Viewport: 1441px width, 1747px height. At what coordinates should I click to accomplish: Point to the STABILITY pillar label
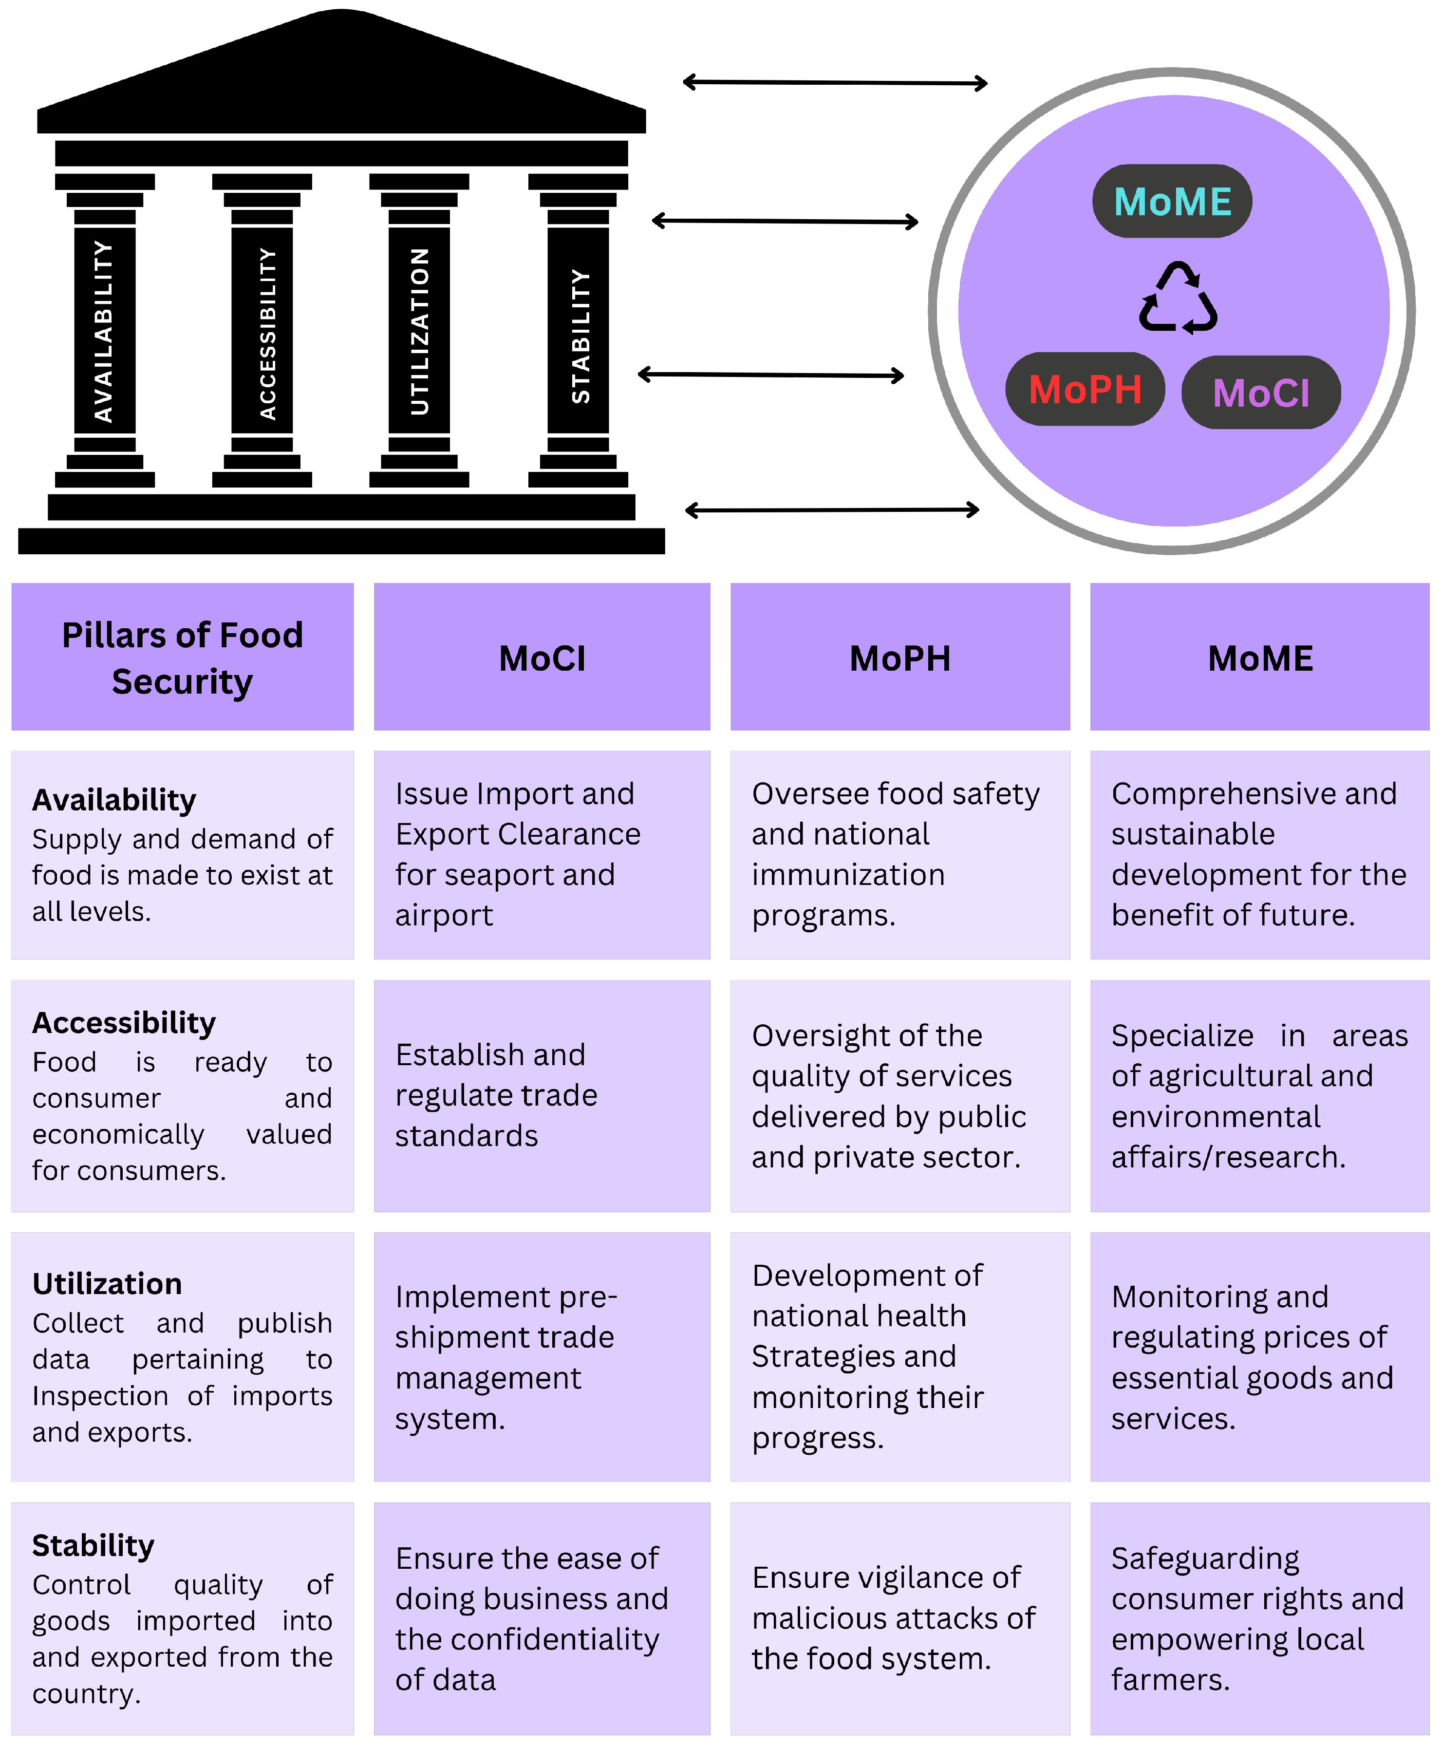(580, 336)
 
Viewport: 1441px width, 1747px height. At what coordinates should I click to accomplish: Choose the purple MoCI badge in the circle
(1260, 393)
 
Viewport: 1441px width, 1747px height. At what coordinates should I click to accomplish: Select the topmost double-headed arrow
(834, 82)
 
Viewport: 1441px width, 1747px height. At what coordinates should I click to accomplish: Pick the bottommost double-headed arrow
(832, 509)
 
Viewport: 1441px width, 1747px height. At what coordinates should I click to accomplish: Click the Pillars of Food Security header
(183, 657)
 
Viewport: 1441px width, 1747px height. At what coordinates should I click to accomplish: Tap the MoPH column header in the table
(900, 658)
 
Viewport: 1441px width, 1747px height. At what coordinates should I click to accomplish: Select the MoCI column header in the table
(542, 658)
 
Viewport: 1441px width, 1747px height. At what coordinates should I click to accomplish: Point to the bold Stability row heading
(93, 1545)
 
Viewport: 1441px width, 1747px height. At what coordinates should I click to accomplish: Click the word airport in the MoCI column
(444, 916)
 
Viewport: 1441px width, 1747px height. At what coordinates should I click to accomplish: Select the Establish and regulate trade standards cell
(496, 1095)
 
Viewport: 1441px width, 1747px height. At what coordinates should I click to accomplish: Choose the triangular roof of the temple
(341, 71)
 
